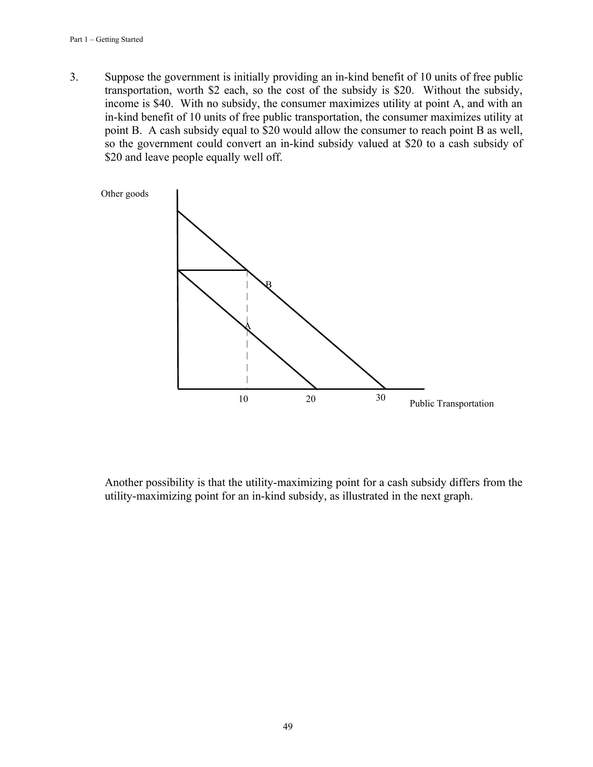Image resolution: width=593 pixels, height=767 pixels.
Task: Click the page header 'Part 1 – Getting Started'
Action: (106, 39)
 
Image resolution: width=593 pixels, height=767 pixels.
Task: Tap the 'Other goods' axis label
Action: (125, 194)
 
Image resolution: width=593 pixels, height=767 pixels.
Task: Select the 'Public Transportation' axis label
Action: (451, 403)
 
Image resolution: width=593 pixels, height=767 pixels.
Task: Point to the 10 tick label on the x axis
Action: (243, 399)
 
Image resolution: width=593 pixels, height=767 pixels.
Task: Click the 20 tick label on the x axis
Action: (310, 399)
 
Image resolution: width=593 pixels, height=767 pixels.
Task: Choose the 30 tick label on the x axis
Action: (381, 397)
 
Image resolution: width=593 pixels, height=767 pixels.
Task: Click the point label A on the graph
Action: (248, 326)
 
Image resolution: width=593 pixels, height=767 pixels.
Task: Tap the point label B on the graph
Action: (269, 284)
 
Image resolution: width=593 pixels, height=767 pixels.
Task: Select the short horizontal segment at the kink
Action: (212, 270)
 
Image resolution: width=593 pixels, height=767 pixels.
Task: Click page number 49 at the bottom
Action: (288, 726)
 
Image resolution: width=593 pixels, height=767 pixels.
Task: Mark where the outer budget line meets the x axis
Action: (386, 389)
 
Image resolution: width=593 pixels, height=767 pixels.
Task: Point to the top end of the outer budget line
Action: (178, 211)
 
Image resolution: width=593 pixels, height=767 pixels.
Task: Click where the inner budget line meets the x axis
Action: (316, 389)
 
